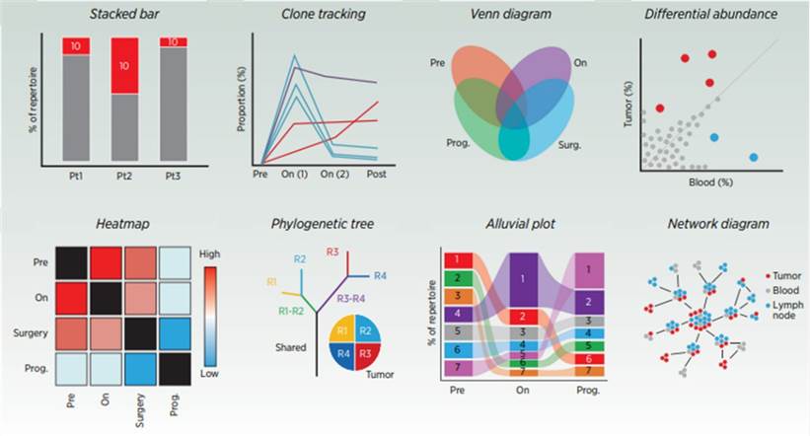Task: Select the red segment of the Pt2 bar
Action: click(123, 65)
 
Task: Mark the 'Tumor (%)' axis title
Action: click(627, 98)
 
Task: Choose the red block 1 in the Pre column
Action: click(459, 259)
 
